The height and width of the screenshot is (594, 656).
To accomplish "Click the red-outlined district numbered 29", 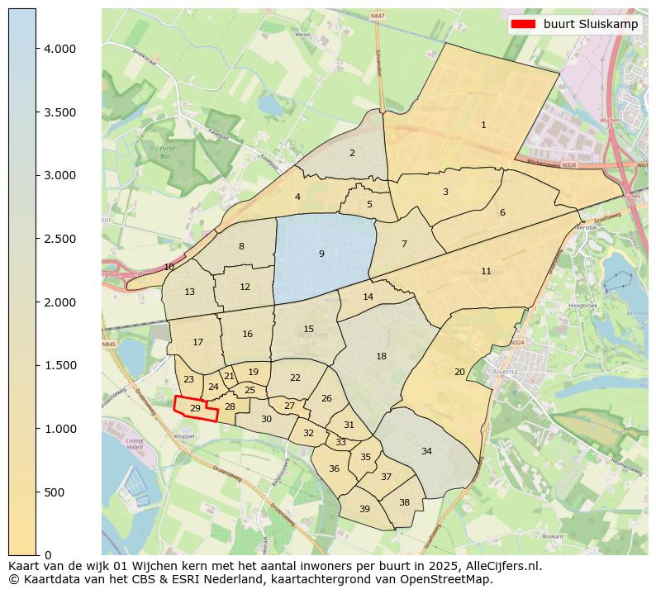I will [196, 408].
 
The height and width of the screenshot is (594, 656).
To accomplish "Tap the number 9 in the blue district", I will [321, 254].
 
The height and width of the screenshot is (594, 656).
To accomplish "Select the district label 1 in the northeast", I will [483, 125].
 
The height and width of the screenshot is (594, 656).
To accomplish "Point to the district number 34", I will [426, 451].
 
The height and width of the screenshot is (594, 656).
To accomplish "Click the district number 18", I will [381, 356].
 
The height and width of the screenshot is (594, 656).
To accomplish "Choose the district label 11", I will [486, 271].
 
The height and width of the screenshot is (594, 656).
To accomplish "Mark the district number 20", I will [459, 372].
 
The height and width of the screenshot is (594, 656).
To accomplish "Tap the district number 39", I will [364, 509].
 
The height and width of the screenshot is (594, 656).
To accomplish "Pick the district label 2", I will [352, 153].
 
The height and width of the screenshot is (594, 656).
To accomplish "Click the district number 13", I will [189, 292].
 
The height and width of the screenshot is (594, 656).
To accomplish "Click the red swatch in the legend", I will [524, 24].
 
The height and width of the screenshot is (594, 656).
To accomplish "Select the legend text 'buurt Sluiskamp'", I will [590, 24].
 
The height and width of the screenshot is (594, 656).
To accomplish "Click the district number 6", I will [502, 212].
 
